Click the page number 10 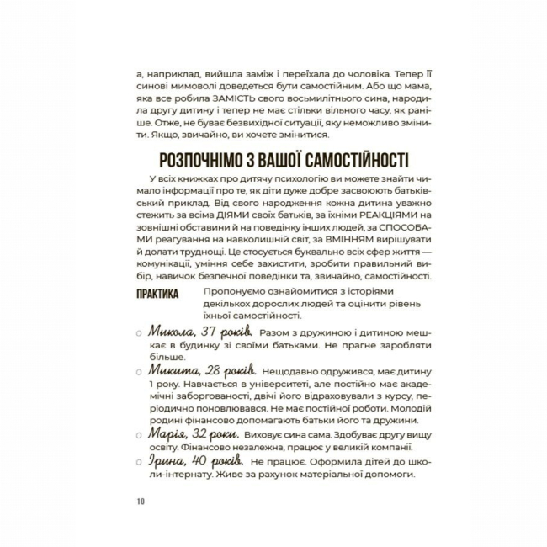coord(139,503)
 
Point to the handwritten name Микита coord(173,369)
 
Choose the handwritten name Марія coord(167,434)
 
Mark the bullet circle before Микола coord(138,336)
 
